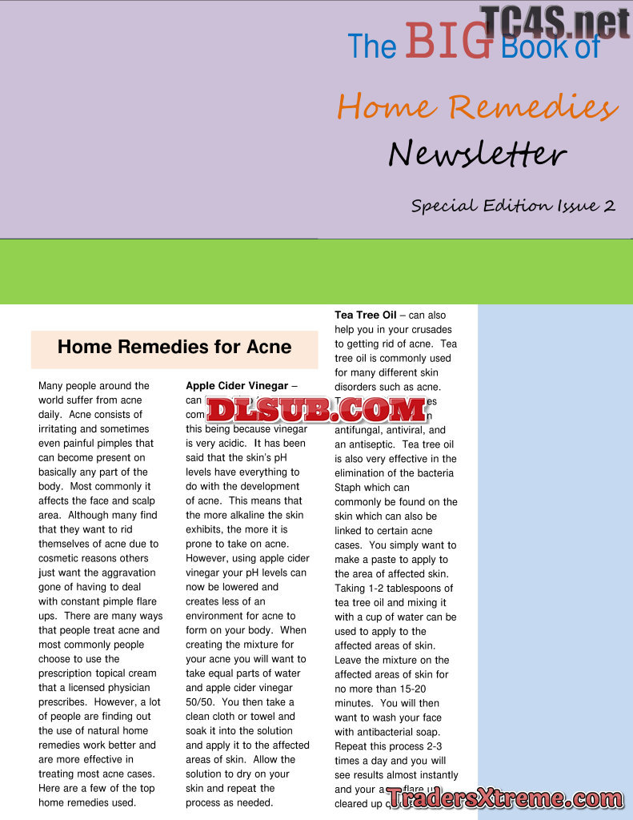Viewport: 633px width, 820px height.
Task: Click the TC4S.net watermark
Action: click(555, 23)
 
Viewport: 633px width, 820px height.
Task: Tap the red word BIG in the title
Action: click(448, 42)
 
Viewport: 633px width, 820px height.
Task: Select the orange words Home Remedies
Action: click(477, 107)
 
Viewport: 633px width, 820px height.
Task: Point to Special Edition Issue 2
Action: click(513, 206)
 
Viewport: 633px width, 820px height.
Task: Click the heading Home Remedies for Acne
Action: click(174, 347)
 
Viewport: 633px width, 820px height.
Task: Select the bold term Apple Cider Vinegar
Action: click(237, 386)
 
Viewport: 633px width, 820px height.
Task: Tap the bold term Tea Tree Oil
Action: click(365, 316)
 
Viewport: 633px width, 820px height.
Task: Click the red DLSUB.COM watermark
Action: click(317, 410)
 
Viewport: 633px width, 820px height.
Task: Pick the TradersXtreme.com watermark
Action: click(505, 798)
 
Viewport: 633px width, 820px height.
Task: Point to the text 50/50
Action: click(200, 702)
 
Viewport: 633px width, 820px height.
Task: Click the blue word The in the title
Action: click(371, 47)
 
